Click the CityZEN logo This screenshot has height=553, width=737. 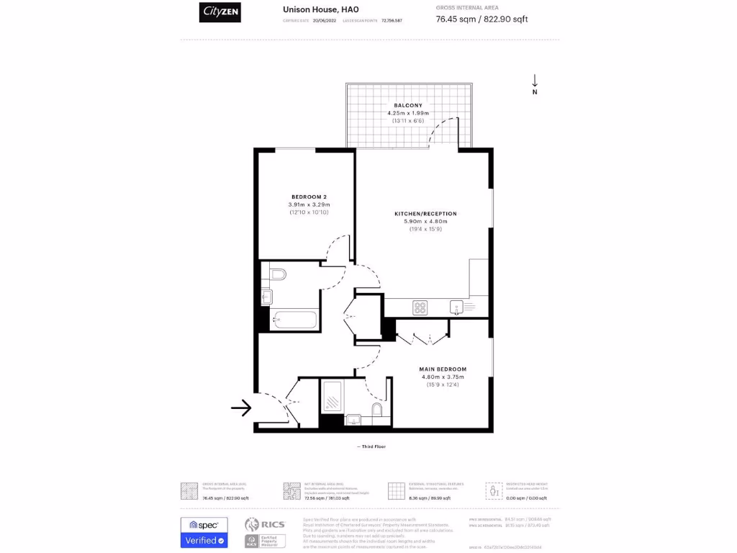[x=220, y=12]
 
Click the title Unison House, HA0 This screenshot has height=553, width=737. [x=320, y=9]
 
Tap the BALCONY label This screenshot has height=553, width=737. [x=408, y=105]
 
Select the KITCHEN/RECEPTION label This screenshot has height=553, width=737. [x=425, y=214]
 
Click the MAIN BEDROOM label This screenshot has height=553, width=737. [x=443, y=369]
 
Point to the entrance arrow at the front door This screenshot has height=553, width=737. [x=240, y=408]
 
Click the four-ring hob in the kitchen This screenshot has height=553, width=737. [x=420, y=307]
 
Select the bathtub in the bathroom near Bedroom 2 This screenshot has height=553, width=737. [x=295, y=320]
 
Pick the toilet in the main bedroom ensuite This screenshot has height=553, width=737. [x=376, y=410]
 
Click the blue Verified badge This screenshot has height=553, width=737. [x=204, y=540]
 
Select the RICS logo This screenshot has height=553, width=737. [x=266, y=525]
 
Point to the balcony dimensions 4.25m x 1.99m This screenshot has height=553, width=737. [x=408, y=113]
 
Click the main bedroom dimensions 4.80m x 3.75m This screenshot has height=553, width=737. [x=443, y=377]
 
